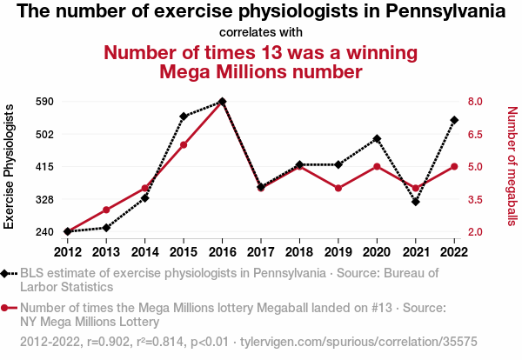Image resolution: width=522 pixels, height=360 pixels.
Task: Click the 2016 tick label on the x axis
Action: coord(222,252)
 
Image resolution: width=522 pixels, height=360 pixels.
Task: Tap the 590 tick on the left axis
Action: coord(45,101)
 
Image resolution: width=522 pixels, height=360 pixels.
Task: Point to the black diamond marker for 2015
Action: coord(184,116)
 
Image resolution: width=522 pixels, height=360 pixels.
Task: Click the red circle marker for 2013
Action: coord(106,210)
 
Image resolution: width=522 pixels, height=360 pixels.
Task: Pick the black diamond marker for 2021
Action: coord(416,202)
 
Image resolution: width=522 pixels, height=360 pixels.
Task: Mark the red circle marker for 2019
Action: coord(338,188)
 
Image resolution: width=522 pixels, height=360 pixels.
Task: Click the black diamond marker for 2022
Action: coord(454,120)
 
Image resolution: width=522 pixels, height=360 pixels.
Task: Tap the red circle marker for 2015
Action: coord(184,144)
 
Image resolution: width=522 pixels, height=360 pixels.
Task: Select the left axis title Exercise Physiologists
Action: coord(10,166)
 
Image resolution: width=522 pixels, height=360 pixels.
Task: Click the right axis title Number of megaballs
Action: coord(512,166)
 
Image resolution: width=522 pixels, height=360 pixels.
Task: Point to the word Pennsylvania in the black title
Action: coord(440,12)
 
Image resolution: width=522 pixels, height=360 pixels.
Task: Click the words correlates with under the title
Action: coord(261,32)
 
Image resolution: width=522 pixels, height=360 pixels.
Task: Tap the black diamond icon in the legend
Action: coord(9,274)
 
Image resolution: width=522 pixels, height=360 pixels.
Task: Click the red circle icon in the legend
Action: coord(9,308)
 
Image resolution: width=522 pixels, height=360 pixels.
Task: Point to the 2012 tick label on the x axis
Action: coord(67,252)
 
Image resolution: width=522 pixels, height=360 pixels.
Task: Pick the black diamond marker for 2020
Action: coord(377,138)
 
